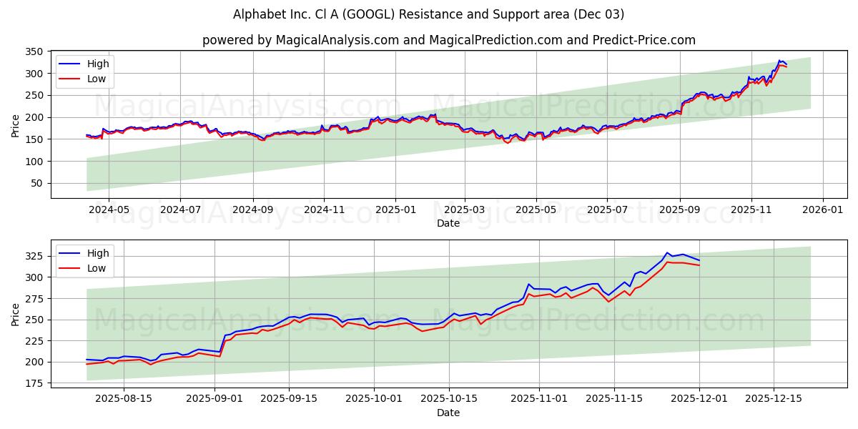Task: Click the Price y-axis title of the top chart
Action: [x=16, y=124]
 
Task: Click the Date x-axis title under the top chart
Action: [x=448, y=223]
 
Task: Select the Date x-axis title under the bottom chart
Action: [x=448, y=413]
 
